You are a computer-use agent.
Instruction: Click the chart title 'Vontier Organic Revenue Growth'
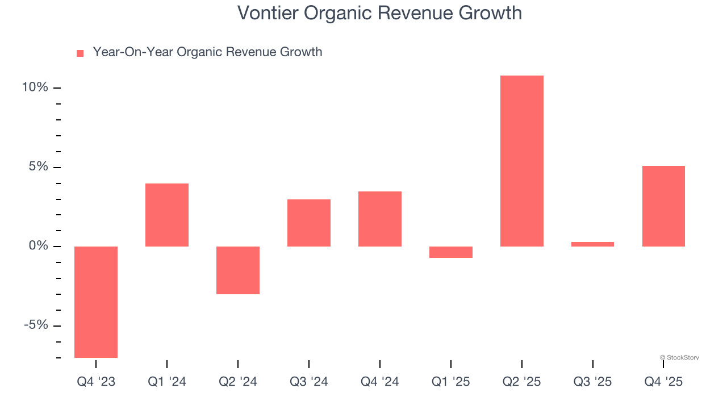[x=379, y=12]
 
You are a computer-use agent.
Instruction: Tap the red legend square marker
[x=80, y=53]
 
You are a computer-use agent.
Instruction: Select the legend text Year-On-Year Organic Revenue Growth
[x=207, y=52]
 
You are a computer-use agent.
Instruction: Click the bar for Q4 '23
[x=96, y=302]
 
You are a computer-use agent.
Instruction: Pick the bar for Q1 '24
[x=167, y=215]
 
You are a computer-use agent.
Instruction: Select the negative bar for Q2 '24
[x=238, y=270]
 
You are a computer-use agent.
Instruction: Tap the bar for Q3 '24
[x=309, y=223]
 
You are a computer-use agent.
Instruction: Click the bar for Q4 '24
[x=380, y=219]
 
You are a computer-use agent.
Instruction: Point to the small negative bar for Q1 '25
[x=451, y=252]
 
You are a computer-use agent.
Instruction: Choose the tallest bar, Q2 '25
[x=522, y=161]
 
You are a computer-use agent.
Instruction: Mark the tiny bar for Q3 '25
[x=592, y=244]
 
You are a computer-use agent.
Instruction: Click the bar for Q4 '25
[x=663, y=206]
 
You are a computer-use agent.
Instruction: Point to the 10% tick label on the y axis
[x=35, y=87]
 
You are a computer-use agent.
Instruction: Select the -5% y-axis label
[x=36, y=325]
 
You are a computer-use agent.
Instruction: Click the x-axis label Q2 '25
[x=522, y=382]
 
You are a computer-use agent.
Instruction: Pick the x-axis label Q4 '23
[x=96, y=382]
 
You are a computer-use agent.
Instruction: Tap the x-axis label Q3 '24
[x=309, y=382]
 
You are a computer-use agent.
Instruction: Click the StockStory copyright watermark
[x=679, y=358]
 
